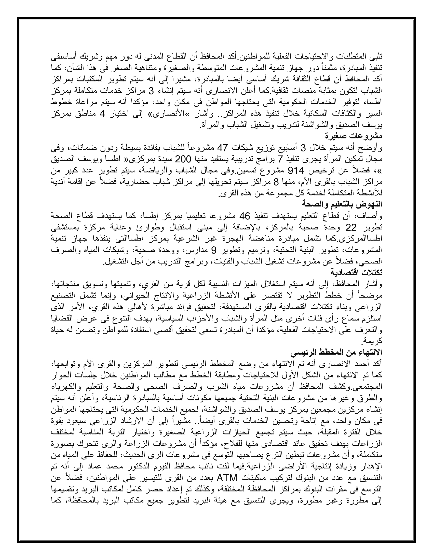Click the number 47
pos(223,148)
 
